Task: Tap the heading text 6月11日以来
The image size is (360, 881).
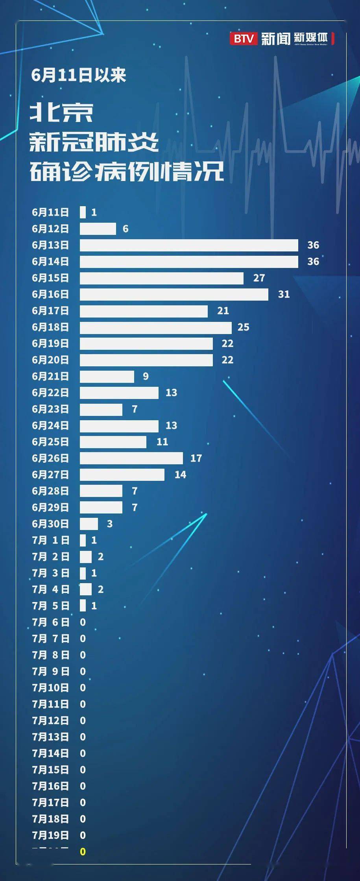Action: point(79,75)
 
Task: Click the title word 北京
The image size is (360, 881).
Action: point(62,113)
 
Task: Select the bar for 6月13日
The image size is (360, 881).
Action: point(189,245)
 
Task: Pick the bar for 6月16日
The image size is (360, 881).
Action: point(174,294)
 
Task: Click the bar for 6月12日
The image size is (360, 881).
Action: point(98,229)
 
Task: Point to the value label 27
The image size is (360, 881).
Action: point(259,278)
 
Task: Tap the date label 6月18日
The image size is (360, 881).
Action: point(50,327)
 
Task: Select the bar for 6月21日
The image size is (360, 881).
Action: point(107,376)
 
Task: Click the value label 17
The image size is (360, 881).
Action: point(196,458)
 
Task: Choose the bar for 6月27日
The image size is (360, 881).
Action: point(122,475)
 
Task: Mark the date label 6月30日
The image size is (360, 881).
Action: point(50,524)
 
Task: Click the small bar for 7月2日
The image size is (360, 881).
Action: point(86,556)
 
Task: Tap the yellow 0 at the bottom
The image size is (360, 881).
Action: point(83,851)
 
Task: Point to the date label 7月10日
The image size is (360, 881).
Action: point(50,687)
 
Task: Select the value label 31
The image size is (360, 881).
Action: point(284,294)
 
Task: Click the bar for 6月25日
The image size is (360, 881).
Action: point(113,442)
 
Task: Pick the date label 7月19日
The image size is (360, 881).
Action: point(50,835)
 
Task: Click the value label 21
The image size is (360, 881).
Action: point(223,311)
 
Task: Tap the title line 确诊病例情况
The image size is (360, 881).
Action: point(127,172)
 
